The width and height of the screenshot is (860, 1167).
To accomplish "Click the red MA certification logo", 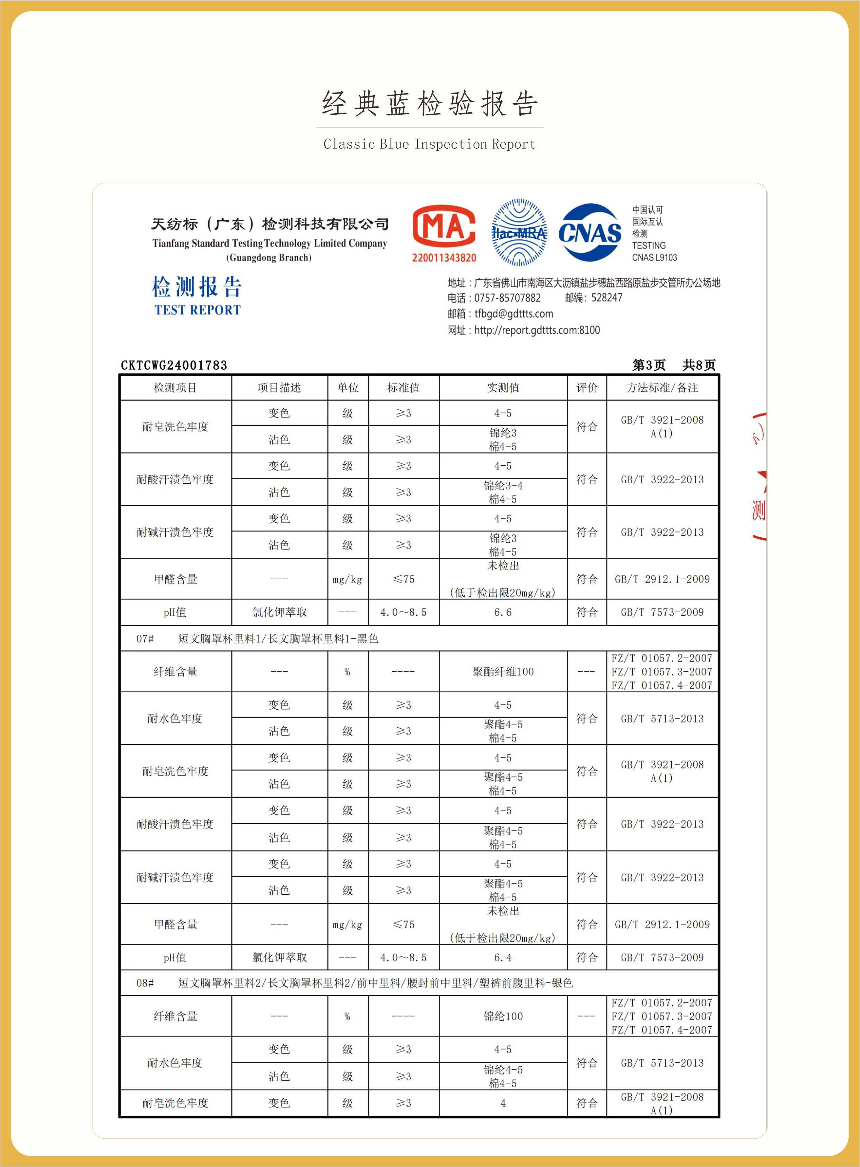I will (x=444, y=226).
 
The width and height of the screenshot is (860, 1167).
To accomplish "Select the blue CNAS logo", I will (x=590, y=232).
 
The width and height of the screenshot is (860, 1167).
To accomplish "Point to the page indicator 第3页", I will (x=649, y=365).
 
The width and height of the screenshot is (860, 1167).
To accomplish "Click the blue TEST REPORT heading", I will (x=197, y=310).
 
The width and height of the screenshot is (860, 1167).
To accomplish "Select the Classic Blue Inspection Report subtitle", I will (x=429, y=144).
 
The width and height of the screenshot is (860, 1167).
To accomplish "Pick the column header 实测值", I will (x=503, y=388).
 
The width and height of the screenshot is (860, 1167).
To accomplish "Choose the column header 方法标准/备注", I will (x=662, y=388).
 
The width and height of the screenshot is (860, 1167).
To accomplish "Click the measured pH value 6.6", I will (x=503, y=612).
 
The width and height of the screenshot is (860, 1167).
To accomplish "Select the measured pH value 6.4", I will (x=503, y=957).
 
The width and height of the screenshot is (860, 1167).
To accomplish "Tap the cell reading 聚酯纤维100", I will (x=503, y=672).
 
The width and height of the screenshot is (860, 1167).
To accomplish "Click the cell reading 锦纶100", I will (x=503, y=1016).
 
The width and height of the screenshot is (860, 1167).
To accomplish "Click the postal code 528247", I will (x=606, y=298).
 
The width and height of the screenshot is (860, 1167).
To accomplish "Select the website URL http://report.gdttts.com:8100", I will (x=537, y=330).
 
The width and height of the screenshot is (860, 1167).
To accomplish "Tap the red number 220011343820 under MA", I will (x=444, y=258).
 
